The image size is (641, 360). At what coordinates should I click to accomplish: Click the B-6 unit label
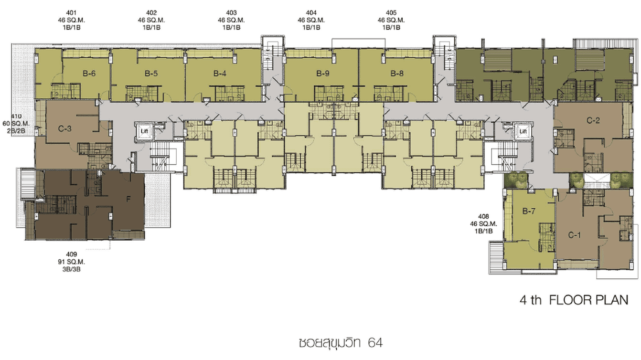pyautogui.click(x=89, y=74)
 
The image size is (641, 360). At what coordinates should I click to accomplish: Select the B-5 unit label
pyautogui.click(x=151, y=74)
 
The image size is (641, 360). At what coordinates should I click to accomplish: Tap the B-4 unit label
pyautogui.click(x=220, y=74)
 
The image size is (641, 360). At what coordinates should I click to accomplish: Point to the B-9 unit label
pyautogui.click(x=323, y=74)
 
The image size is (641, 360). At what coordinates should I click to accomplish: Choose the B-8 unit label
pyautogui.click(x=397, y=74)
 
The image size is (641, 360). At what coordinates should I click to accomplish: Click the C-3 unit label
pyautogui.click(x=64, y=129)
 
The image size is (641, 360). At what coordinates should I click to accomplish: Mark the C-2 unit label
pyautogui.click(x=593, y=121)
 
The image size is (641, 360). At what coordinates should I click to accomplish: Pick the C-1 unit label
pyautogui.click(x=574, y=235)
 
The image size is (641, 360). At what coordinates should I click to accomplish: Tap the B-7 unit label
pyautogui.click(x=529, y=212)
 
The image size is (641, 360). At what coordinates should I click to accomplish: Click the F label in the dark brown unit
pyautogui.click(x=128, y=199)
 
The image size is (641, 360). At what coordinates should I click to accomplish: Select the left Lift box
pyautogui.click(x=145, y=131)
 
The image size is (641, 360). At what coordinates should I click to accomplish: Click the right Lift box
pyautogui.click(x=523, y=131)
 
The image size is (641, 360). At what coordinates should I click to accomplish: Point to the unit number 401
pyautogui.click(x=71, y=13)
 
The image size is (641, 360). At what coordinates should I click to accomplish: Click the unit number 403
pyautogui.click(x=231, y=13)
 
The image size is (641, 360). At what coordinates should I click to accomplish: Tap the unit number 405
pyautogui.click(x=391, y=13)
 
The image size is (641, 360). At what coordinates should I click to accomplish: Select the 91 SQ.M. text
pyautogui.click(x=71, y=262)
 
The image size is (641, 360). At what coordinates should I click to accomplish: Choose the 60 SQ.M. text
pyautogui.click(x=16, y=124)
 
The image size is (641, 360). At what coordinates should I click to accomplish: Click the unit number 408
pyautogui.click(x=483, y=216)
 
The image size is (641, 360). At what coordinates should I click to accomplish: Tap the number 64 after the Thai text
pyautogui.click(x=375, y=342)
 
